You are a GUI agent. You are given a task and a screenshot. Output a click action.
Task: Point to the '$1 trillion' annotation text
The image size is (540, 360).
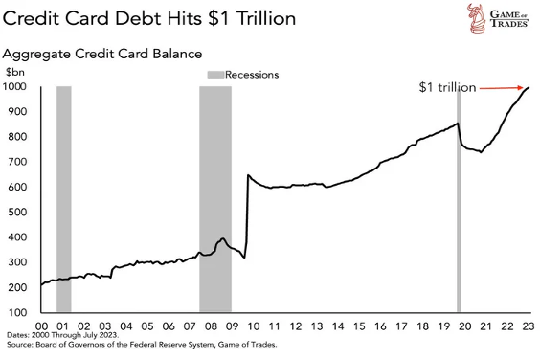pos(446,87)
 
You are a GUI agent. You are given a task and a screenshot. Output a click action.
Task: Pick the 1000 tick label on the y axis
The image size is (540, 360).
pos(19,87)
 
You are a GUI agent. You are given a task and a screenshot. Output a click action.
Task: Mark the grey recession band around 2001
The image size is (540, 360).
pos(64,199)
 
